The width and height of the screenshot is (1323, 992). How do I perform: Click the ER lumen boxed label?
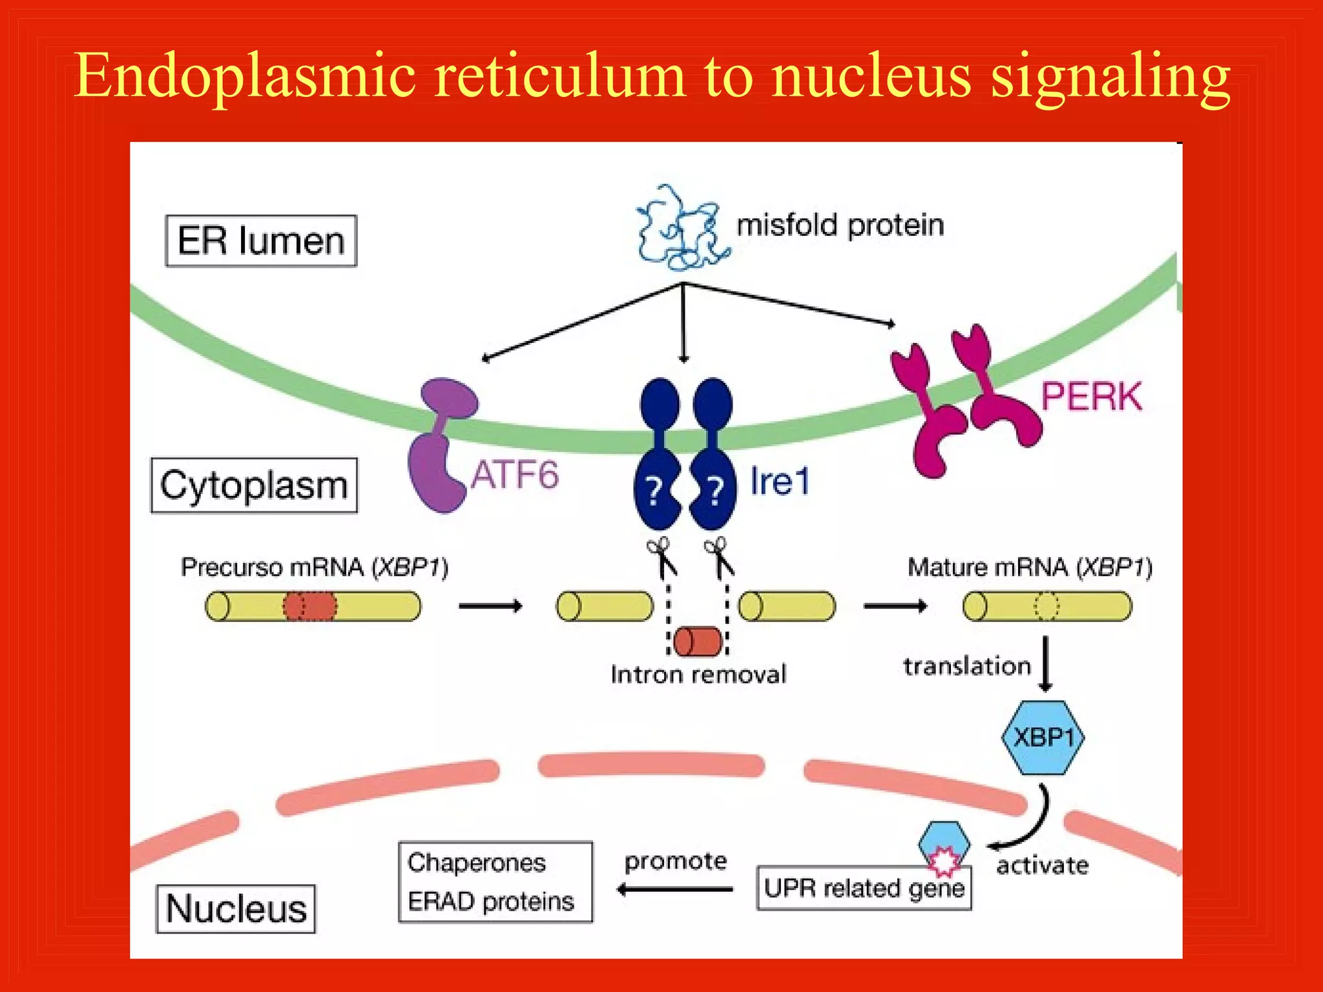point(261,241)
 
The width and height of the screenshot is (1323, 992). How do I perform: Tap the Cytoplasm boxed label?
point(254,486)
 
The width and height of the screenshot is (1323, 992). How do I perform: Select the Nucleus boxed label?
point(236,909)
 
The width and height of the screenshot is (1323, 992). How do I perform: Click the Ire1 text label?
point(779,482)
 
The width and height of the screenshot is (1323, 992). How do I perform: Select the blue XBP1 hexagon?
point(1043,738)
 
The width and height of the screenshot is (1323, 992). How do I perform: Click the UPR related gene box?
point(864,889)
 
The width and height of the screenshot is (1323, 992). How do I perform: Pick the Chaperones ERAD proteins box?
point(495,882)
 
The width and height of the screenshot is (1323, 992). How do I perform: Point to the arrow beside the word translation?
point(1046,664)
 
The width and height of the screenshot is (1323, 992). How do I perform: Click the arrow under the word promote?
point(675,890)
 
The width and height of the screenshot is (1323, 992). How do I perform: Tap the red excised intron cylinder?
point(698,641)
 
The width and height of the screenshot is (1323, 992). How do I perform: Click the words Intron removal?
point(698,675)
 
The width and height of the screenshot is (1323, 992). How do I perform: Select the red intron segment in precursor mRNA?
point(310,606)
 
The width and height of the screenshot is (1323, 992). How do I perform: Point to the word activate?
point(1042,865)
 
